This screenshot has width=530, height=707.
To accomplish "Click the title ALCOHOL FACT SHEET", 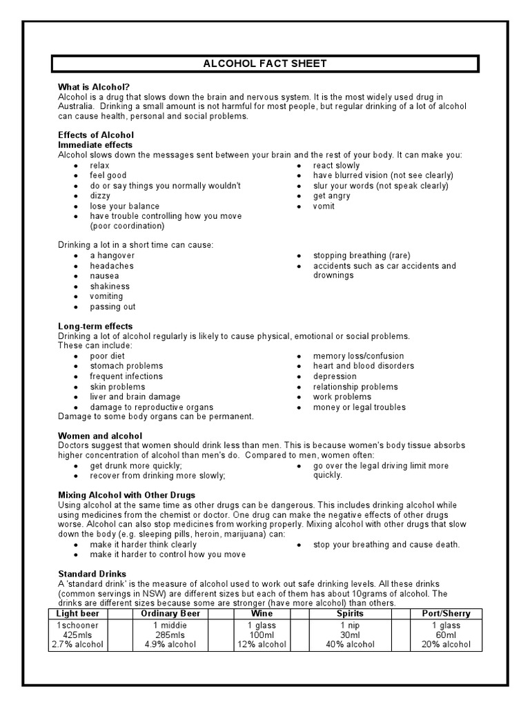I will click(x=264, y=64).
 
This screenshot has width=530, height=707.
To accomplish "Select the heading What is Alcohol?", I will click(x=94, y=87).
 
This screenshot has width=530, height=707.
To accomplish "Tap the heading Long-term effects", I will click(x=95, y=326).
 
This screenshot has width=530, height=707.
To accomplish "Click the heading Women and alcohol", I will click(x=100, y=436).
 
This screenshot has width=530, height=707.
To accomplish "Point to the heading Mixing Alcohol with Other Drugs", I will click(x=126, y=495).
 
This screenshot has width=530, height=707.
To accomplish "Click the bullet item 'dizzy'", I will click(x=100, y=196).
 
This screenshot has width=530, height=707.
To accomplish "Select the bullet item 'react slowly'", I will click(x=336, y=166).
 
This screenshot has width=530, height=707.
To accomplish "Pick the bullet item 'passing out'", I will click(x=112, y=307).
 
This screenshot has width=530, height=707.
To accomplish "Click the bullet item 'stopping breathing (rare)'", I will click(x=362, y=255).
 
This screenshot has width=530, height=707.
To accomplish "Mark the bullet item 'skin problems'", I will click(x=117, y=387).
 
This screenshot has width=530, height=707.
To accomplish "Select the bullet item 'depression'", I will click(x=335, y=376).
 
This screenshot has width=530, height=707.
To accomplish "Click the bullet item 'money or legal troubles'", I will click(x=359, y=407).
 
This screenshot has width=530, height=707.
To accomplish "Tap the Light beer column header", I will click(x=78, y=613).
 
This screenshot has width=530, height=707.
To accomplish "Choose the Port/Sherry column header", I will click(x=445, y=613).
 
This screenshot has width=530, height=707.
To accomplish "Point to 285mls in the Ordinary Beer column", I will click(x=169, y=635).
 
